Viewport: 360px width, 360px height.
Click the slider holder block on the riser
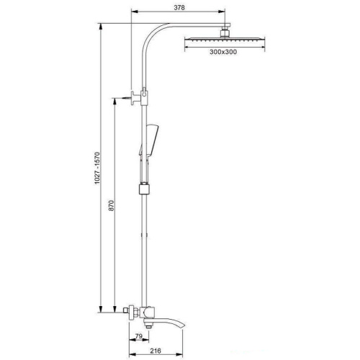(145, 190)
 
